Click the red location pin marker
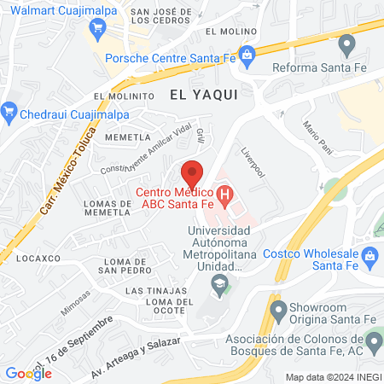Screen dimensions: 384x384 (193, 172)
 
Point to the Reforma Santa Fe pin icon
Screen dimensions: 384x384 (346, 43)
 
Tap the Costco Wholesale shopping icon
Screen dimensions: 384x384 (369, 254)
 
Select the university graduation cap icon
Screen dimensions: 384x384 (221, 282)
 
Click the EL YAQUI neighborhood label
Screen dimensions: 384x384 (202, 95)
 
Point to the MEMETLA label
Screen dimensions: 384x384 (126, 137)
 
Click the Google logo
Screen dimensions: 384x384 (28, 373)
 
